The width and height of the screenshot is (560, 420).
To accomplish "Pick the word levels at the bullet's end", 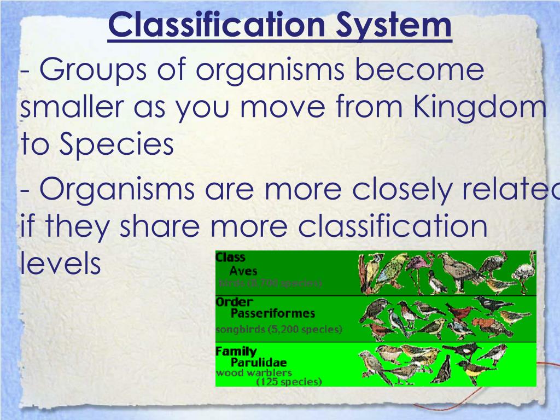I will click(x=61, y=263).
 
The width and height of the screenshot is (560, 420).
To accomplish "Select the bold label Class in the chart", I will click(x=231, y=257).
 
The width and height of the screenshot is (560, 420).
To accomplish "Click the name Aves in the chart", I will click(x=243, y=271).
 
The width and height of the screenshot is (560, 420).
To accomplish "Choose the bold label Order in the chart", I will click(x=234, y=302).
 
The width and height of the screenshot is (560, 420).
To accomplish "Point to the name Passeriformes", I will click(x=272, y=314).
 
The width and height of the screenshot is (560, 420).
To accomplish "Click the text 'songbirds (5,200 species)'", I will click(x=279, y=329).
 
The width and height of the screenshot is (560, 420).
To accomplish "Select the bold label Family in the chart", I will click(x=236, y=351).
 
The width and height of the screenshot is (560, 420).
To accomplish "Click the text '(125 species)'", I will click(x=289, y=381).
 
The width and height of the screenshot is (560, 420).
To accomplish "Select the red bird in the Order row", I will click(x=460, y=312).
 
